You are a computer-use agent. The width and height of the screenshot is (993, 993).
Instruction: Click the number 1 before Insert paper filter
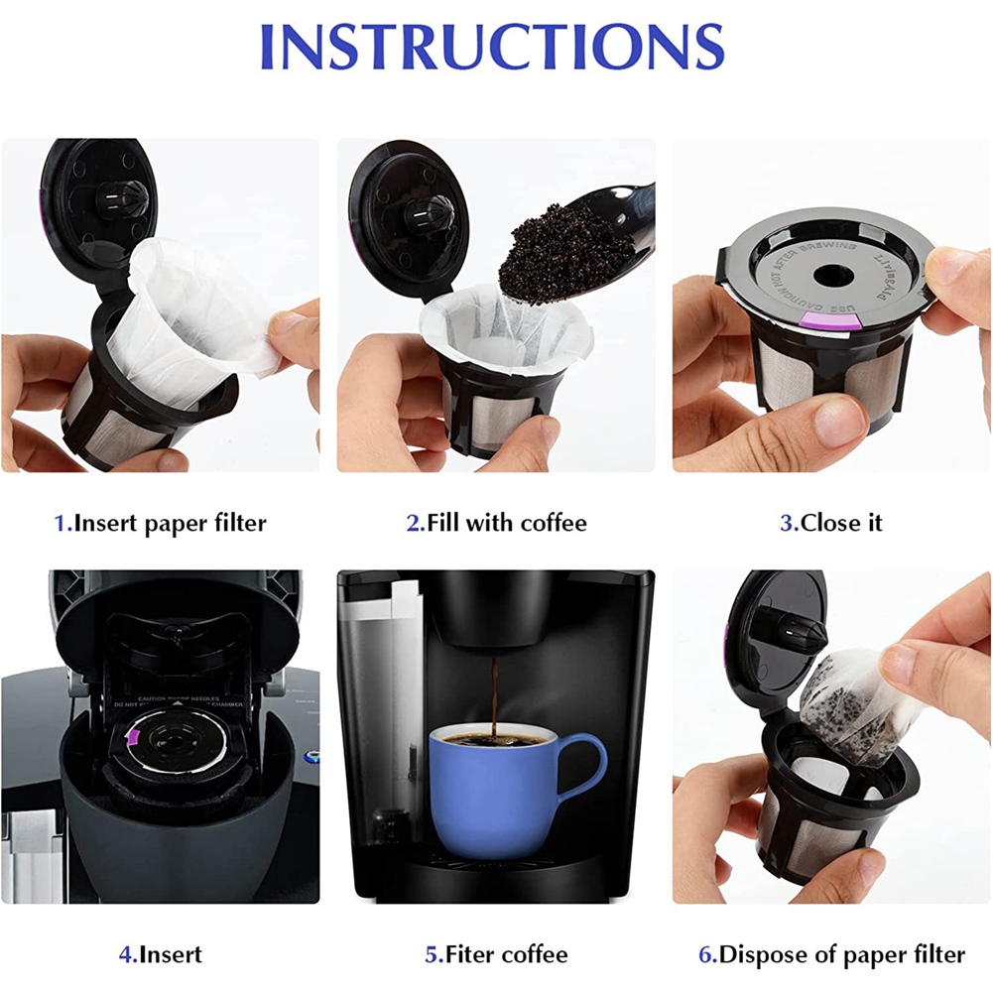(60, 523)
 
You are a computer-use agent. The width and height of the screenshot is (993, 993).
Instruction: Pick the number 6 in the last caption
(706, 954)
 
